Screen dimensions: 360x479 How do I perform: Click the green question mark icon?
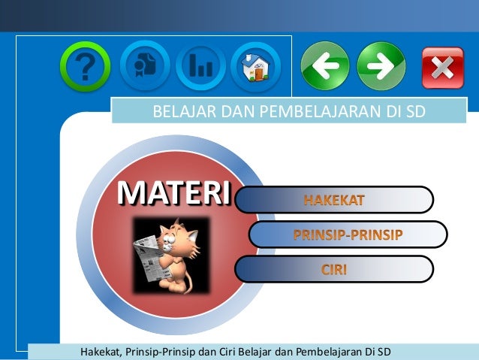pyautogui.click(x=85, y=66)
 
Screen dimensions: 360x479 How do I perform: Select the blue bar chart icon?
pyautogui.click(x=200, y=66)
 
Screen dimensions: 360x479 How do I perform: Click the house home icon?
pyautogui.click(x=255, y=66)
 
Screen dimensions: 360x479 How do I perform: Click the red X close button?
pyautogui.click(x=442, y=68)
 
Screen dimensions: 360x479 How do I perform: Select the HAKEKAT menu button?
pyautogui.click(x=334, y=200)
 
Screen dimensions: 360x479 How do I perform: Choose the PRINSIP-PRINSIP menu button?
pyautogui.click(x=348, y=234)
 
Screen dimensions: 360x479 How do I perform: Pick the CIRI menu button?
pyautogui.click(x=334, y=269)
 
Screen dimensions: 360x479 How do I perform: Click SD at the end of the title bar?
pyautogui.click(x=415, y=113)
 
